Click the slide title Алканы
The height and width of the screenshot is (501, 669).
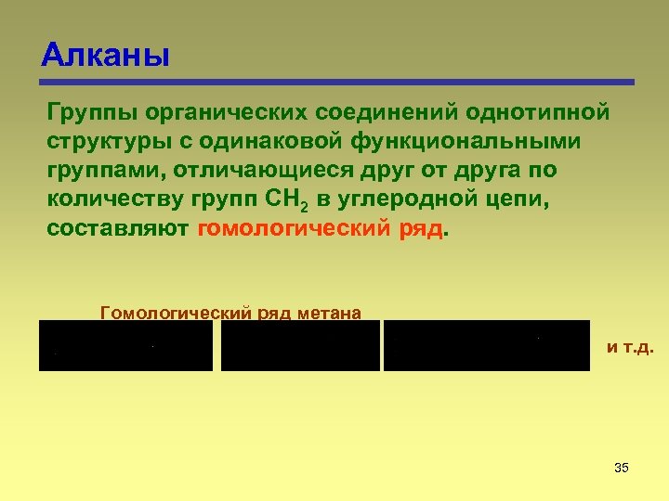(x=105, y=56)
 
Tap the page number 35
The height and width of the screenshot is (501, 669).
(x=622, y=467)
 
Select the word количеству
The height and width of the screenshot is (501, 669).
(x=114, y=200)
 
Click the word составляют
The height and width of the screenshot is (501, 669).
(x=117, y=230)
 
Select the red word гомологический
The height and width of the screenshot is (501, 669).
(x=295, y=230)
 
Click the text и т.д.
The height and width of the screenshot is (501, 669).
(x=630, y=347)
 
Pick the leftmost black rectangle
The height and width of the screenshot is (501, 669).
(x=125, y=345)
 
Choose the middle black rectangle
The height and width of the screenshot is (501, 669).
(x=300, y=345)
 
